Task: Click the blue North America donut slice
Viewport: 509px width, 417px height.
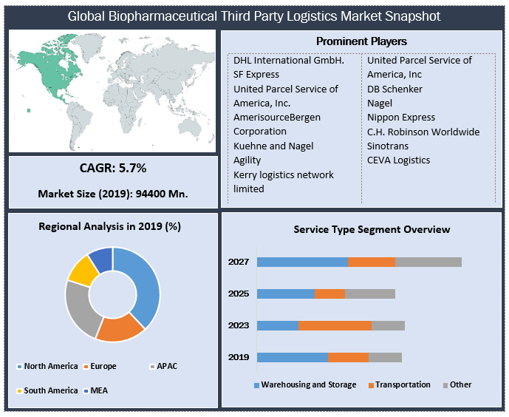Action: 146,285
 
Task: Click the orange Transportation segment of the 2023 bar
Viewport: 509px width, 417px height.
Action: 335,325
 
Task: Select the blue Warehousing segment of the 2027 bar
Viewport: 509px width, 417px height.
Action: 302,262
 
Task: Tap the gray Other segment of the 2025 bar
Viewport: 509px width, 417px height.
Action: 370,294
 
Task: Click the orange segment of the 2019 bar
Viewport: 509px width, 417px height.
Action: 348,357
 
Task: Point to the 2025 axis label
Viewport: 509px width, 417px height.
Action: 238,294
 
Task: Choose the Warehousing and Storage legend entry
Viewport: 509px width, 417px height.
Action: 308,384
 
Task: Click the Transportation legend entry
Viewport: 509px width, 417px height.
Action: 403,384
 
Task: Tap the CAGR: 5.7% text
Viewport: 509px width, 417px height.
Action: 113,169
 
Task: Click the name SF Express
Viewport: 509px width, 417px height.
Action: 256,75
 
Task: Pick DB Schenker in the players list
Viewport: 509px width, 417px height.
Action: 395,89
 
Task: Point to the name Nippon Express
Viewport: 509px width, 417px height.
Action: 401,118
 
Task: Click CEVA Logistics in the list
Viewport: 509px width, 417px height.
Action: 398,160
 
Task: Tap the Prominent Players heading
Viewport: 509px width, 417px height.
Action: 361,41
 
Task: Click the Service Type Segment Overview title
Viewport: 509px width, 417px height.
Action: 372,229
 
